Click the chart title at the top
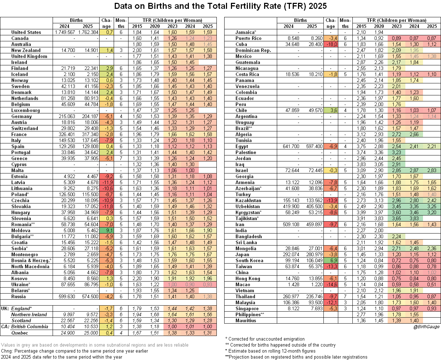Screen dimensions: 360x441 220,6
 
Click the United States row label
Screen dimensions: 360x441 26,32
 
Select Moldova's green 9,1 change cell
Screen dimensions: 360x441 107,230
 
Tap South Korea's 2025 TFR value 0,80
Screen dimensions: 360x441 432,260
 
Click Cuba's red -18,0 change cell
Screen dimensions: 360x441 331,44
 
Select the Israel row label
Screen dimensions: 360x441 242,170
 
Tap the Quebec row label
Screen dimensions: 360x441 20,333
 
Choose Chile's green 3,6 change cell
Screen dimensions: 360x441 331,110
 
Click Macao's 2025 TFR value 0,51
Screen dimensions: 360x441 432,284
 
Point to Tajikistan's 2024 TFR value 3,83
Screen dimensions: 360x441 414,218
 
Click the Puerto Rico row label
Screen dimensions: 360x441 249,38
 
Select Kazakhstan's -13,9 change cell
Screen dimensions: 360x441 331,200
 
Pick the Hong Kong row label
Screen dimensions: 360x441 248,278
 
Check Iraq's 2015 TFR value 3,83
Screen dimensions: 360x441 361,164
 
